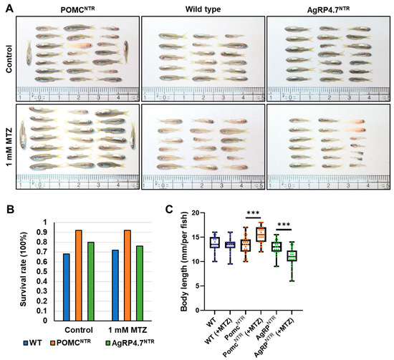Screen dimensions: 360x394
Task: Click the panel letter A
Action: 6,5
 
